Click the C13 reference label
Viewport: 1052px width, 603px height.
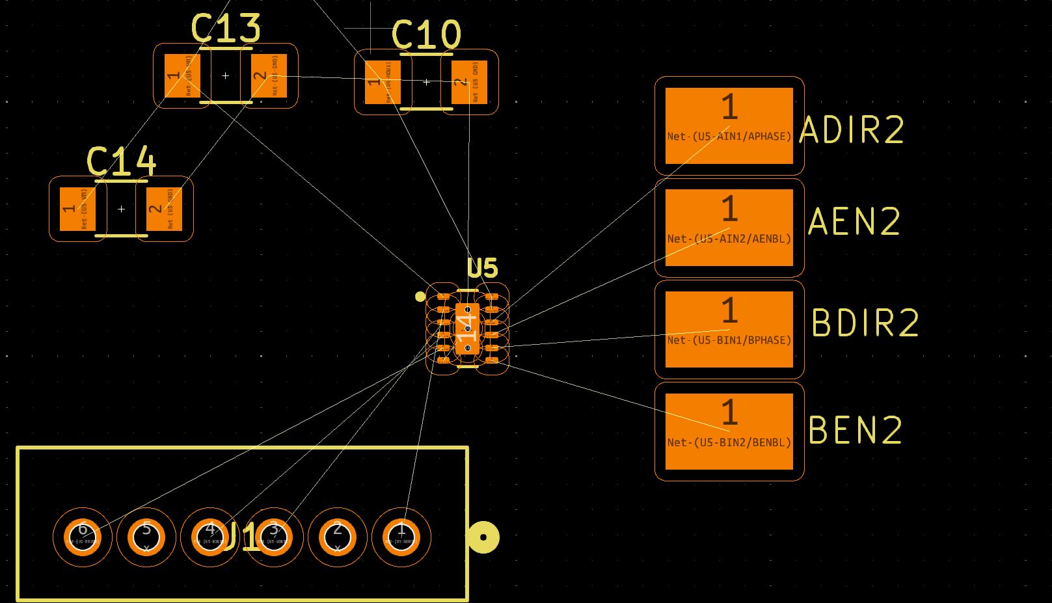point(225,29)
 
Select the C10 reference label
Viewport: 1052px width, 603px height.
point(426,35)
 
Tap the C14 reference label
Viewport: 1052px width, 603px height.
point(121,161)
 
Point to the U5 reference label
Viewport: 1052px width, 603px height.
point(482,268)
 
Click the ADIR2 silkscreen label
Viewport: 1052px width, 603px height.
point(852,130)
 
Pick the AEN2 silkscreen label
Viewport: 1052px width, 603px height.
point(854,221)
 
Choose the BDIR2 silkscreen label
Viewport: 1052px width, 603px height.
point(865,323)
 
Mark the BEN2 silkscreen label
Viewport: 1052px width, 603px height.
point(856,430)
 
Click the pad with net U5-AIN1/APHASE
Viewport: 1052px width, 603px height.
point(729,126)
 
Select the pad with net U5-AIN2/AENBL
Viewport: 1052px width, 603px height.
point(729,228)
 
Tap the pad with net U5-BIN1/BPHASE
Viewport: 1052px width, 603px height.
point(729,329)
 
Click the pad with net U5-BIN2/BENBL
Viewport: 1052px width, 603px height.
point(729,431)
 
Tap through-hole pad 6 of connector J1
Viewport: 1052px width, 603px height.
point(83,537)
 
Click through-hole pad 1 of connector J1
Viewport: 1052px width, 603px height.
point(401,537)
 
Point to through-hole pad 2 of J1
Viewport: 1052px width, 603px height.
point(338,537)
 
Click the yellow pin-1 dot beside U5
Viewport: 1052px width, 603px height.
point(420,297)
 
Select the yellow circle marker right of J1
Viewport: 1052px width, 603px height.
point(483,537)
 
